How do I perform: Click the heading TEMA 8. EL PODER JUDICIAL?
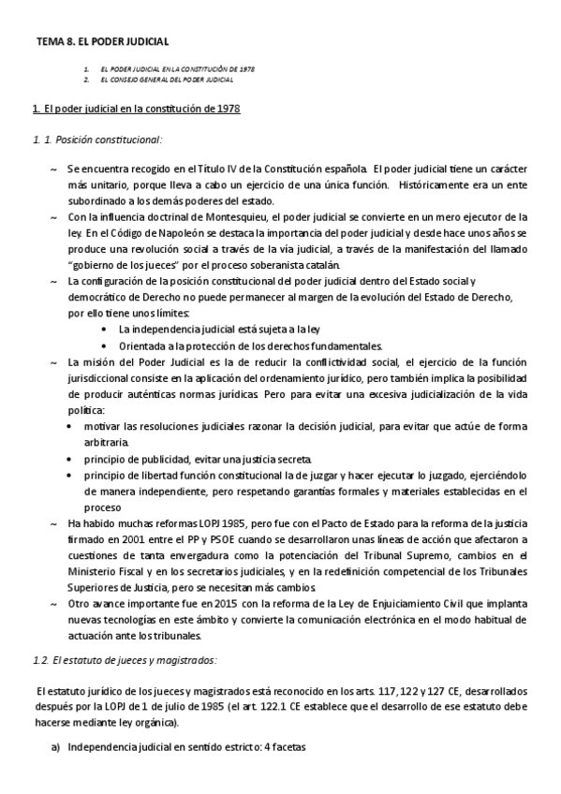coord(102,42)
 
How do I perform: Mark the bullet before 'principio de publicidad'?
coord(75,460)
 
